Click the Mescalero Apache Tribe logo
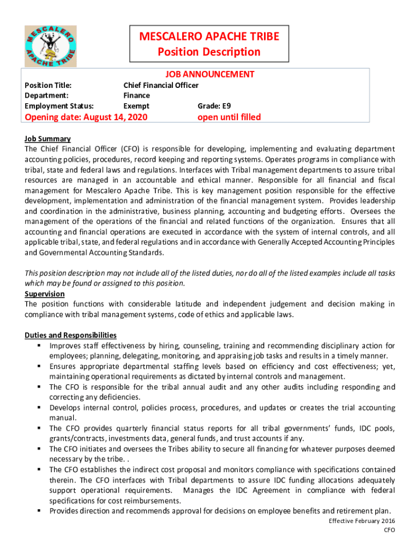[50, 46]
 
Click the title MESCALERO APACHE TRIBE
[209, 37]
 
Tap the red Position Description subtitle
[209, 52]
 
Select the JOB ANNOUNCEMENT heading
[209, 74]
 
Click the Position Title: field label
[49, 85]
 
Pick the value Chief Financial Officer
[161, 85]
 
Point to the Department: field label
[46, 96]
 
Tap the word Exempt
[136, 106]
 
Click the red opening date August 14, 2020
[86, 117]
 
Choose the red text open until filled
[229, 117]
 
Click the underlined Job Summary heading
[47, 139]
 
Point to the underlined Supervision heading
[45, 294]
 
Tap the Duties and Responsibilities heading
[70, 335]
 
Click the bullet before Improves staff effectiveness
[40, 346]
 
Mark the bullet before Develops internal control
[40, 408]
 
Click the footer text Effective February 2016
[362, 521]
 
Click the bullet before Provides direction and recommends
[40, 511]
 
